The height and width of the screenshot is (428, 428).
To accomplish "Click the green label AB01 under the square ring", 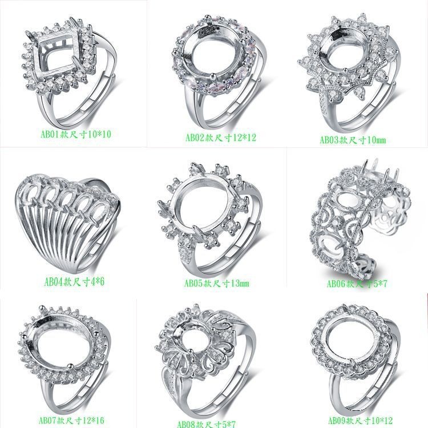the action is point(76,134).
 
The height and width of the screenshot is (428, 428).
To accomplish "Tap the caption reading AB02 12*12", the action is point(221,138).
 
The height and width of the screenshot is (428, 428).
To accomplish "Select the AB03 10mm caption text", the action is point(353,140).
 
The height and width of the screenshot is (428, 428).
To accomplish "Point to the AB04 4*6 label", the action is point(74,282).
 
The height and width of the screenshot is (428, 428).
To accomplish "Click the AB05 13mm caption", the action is point(217,283).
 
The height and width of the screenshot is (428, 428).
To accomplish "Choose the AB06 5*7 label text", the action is point(357,284).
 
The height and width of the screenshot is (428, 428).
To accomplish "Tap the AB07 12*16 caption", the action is point(71,421).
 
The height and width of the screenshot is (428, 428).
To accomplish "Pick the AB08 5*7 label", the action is point(206,424).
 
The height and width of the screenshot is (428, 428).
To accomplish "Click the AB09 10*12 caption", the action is point(360,421).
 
